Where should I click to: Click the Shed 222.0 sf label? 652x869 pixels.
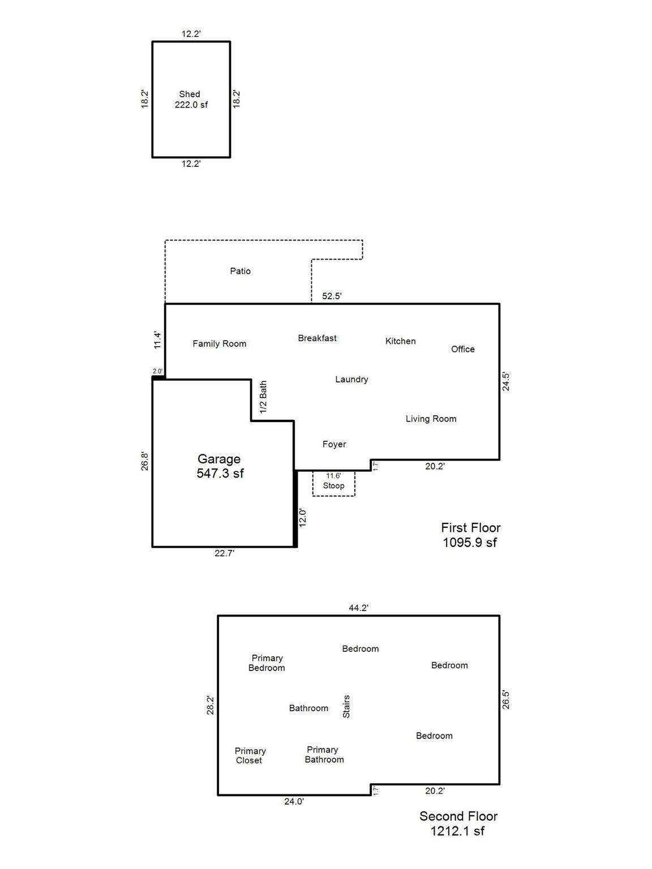(x=191, y=100)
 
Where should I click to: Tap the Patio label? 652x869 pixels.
(x=241, y=271)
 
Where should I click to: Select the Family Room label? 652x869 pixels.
(x=219, y=343)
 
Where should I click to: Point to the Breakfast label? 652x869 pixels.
(x=317, y=338)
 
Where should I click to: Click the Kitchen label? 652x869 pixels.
(x=401, y=341)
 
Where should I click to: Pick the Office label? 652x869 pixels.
(x=463, y=349)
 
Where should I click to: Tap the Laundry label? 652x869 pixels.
(x=351, y=379)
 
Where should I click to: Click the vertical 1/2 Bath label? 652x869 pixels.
(x=263, y=397)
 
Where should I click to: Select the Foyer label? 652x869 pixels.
(x=334, y=444)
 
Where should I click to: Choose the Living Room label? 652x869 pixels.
(x=431, y=419)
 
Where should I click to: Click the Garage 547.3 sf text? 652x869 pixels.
(x=220, y=466)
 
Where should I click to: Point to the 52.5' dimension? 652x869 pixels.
(x=332, y=296)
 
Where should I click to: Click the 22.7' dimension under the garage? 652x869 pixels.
(x=225, y=553)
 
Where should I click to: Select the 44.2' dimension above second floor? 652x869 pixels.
(x=359, y=608)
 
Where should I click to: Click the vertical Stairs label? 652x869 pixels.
(x=346, y=707)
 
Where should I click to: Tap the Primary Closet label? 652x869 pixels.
(x=250, y=756)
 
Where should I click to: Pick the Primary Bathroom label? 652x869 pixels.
(x=324, y=755)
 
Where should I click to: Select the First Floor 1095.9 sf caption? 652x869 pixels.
(x=471, y=535)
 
